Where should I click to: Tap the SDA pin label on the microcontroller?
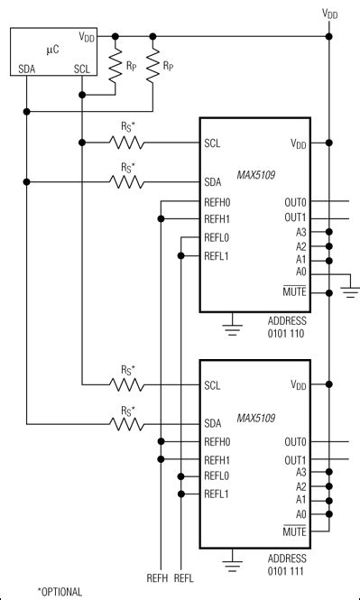tap(27, 69)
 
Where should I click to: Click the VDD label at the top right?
tap(331, 14)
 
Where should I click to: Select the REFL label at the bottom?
tap(184, 577)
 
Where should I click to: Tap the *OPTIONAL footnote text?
tap(60, 592)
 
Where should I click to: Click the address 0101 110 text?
tap(289, 332)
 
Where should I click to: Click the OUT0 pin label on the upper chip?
tap(294, 203)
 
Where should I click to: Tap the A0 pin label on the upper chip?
tap(300, 275)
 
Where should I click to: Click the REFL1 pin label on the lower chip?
tap(217, 494)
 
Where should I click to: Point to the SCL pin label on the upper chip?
tap(213, 143)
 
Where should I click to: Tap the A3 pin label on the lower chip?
tap(300, 471)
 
